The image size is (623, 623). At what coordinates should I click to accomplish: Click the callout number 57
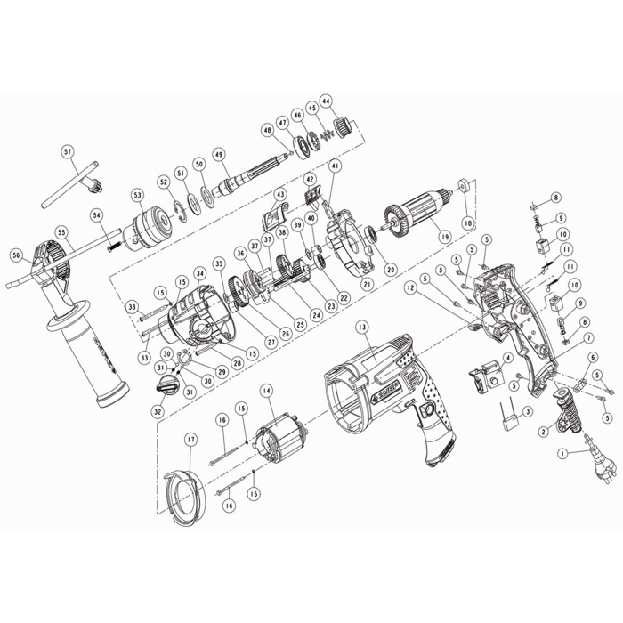[x=69, y=151]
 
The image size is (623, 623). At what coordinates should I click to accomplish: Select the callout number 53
[x=137, y=194]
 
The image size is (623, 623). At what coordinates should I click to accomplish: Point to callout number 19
[x=437, y=238]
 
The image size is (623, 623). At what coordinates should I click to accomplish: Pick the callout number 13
[x=361, y=327]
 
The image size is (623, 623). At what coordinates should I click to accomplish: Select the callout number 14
[x=266, y=391]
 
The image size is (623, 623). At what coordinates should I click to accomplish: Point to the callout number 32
[x=158, y=411]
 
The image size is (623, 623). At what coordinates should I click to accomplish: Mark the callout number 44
[x=327, y=101]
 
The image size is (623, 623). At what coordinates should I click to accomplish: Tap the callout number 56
[x=16, y=254]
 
